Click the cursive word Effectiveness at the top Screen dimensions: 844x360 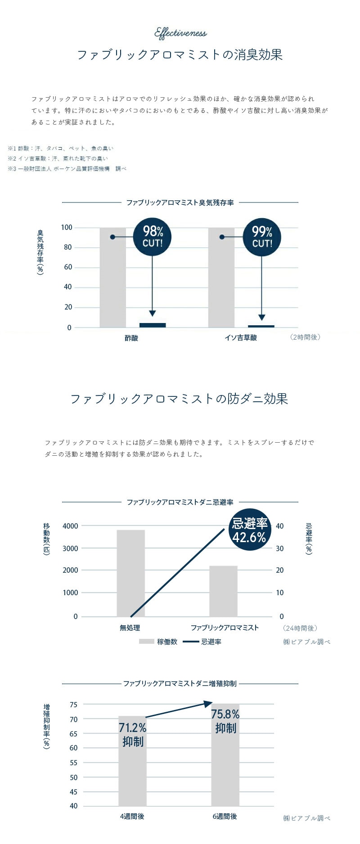[x=180, y=33]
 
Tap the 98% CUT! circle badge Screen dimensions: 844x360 [x=153, y=237]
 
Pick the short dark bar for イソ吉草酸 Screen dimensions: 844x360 [x=261, y=326]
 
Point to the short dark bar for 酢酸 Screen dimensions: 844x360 [x=153, y=325]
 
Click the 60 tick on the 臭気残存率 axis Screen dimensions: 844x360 [x=68, y=267]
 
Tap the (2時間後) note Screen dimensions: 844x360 [x=306, y=337]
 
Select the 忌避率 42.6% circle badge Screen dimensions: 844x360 [x=249, y=530]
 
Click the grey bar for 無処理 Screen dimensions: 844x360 [x=130, y=573]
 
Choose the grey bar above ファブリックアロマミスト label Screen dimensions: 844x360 [x=223, y=591]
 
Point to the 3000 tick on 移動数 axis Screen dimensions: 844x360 [x=71, y=548]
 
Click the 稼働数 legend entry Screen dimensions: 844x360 [x=158, y=642]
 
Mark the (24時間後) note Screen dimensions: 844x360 [x=301, y=628]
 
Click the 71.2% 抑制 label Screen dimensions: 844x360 [x=133, y=734]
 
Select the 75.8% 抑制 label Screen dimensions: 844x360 [x=225, y=721]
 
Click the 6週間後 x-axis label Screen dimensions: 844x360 [x=225, y=816]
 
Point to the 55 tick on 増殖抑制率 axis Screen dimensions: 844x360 [x=74, y=763]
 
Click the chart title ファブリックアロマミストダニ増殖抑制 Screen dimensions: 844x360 [x=180, y=683]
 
